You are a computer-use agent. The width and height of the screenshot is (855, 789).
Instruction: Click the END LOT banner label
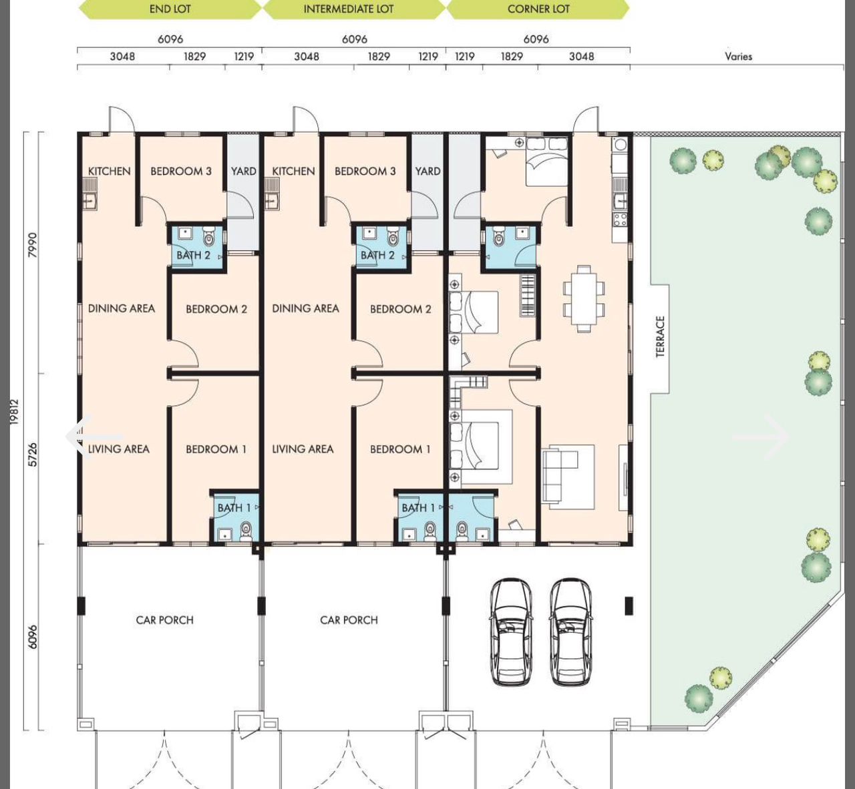170,9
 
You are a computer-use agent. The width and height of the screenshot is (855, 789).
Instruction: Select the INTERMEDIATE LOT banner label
348,9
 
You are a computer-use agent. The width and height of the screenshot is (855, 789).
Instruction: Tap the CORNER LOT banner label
538,9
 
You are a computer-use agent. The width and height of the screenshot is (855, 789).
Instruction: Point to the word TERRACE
660,336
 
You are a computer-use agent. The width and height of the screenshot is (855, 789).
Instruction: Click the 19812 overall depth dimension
15,412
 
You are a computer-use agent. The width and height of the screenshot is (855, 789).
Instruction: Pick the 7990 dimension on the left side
33,245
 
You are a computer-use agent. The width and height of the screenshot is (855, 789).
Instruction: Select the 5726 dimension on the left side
33,455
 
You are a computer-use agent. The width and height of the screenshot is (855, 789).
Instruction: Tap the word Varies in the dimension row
738,56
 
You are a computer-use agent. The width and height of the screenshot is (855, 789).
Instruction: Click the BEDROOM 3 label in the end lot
181,172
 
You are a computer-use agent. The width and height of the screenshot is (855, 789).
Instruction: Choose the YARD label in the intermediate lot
427,172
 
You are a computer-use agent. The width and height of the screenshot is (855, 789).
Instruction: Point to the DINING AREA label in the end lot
122,308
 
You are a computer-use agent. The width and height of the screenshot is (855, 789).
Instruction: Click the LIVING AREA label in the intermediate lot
303,449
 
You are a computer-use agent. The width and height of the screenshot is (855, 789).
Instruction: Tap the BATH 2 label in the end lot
193,255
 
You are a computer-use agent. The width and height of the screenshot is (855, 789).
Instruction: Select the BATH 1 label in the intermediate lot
418,508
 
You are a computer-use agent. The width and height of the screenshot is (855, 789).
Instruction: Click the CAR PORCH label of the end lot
164,620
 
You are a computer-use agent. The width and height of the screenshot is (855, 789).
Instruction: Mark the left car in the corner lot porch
510,631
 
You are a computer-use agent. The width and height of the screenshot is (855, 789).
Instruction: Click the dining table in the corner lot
584,298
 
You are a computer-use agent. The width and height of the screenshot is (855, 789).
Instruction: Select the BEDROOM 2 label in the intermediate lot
400,309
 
